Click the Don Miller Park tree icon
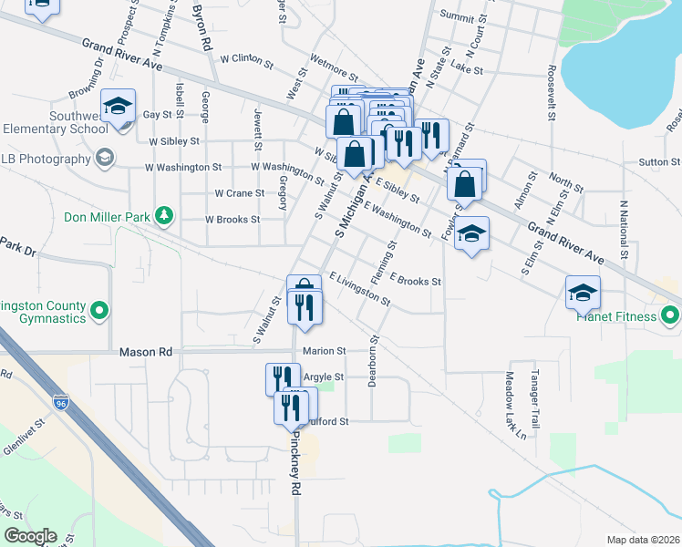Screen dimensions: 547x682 point(164,216)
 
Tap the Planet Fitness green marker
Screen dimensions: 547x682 point(670,316)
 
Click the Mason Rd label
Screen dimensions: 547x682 point(146,351)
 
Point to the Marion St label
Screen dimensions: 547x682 point(325,351)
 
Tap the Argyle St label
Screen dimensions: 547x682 point(323,377)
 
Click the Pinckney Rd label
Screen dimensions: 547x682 point(295,473)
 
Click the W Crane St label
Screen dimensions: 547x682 point(239,193)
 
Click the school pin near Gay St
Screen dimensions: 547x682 point(118,108)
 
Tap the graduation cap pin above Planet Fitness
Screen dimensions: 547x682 point(583,294)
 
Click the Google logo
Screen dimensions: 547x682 point(30,536)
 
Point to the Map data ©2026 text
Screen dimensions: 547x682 point(642,540)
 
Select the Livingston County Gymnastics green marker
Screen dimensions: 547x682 point(99,312)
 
